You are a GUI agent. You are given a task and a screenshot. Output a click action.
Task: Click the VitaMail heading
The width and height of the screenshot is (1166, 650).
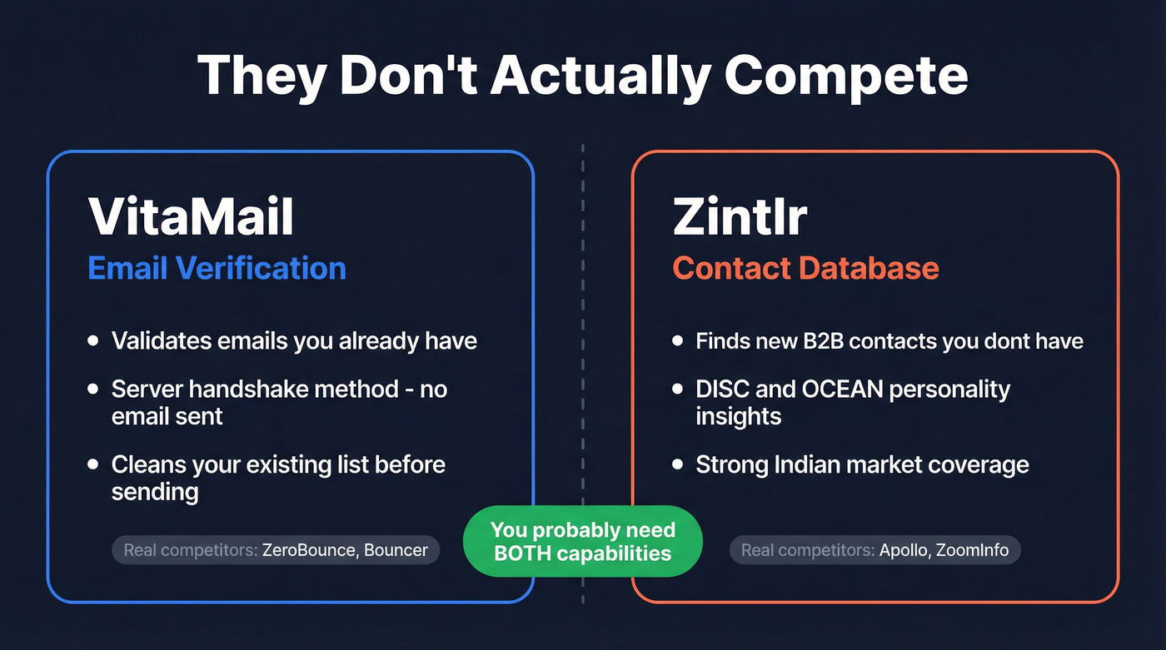[191, 216]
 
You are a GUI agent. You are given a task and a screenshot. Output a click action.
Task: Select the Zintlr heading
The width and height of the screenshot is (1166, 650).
[740, 216]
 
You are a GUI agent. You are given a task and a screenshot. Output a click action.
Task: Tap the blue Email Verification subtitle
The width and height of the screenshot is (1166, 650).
[217, 268]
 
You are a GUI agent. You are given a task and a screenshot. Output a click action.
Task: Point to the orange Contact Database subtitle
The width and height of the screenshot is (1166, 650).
[805, 268]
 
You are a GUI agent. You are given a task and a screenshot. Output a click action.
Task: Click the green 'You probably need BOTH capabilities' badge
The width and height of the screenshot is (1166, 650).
[582, 541]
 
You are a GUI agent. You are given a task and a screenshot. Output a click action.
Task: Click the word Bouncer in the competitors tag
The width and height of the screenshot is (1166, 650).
[396, 550]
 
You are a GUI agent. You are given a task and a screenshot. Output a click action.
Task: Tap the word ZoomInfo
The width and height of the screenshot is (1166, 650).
[973, 550]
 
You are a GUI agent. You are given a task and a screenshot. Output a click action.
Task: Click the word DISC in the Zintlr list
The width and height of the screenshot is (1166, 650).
[720, 389]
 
